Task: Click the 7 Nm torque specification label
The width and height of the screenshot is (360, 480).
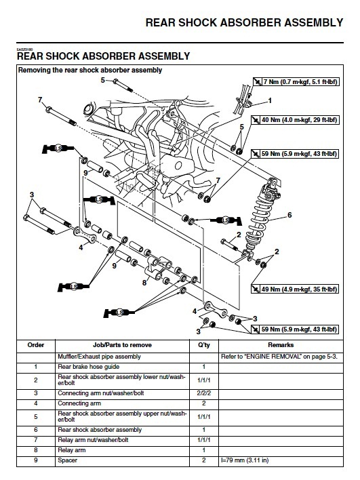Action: pos(296,82)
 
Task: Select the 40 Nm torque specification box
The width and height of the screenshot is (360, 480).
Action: pos(295,120)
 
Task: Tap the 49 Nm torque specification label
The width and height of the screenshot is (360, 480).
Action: pos(295,289)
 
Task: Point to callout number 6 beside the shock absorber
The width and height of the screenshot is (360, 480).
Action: pos(289,215)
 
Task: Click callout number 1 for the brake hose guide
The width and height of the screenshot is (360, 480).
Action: pos(270,100)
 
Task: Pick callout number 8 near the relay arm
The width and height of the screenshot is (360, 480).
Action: pos(144,283)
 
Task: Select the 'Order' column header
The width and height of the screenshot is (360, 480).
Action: pos(36,345)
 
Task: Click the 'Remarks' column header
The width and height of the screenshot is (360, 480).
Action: pos(281,345)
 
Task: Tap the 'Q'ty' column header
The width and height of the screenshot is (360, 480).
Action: pos(204,345)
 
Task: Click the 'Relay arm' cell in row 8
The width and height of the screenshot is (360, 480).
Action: pos(72,450)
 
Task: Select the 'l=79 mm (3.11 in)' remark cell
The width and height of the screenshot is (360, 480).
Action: pos(245,460)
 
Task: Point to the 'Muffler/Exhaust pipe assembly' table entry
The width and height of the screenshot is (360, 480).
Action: pos(99,357)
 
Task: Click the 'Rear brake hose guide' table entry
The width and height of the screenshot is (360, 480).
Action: pos(88,367)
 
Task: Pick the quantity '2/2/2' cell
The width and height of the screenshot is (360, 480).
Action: pos(204,393)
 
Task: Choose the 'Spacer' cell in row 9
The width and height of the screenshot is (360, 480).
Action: pos(67,460)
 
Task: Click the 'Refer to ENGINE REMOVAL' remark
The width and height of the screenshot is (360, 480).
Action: pos(279,357)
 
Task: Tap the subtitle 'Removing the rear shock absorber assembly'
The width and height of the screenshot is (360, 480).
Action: pos(90,70)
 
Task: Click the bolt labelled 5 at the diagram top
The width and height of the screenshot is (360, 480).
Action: pos(123,85)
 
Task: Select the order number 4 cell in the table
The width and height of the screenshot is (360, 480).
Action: pos(36,403)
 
